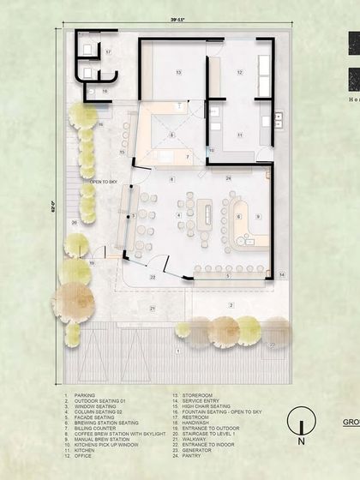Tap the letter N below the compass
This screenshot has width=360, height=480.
pos(301,443)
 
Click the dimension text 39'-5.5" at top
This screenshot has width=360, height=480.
pos(177,19)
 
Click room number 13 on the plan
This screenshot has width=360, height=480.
pos(178,73)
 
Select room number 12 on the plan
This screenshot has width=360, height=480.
pos(240,73)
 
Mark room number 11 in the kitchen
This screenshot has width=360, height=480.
pos(240,135)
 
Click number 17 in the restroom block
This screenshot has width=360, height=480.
pos(109,52)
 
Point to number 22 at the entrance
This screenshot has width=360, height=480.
pos(153,278)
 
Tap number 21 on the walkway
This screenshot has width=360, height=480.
pos(153,307)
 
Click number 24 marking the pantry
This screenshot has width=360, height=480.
pos(229,177)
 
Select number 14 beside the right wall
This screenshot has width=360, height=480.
pos(280,274)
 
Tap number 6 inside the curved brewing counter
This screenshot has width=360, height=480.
pos(238,216)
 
